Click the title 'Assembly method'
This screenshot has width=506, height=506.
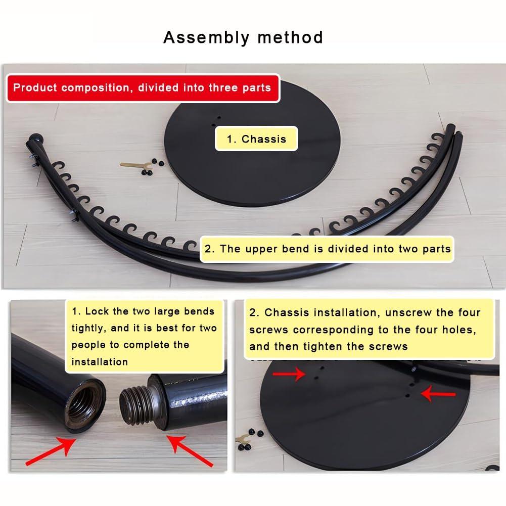pyautogui.click(x=243, y=37)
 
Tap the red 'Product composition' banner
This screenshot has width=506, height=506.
pyautogui.click(x=143, y=88)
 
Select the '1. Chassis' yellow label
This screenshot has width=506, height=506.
pyautogui.click(x=256, y=139)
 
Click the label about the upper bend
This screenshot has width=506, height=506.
pyautogui.click(x=327, y=249)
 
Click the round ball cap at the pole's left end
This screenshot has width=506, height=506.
pyautogui.click(x=35, y=140)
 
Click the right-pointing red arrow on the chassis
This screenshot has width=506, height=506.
pyautogui.click(x=289, y=375)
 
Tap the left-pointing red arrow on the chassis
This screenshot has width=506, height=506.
pyautogui.click(x=438, y=394)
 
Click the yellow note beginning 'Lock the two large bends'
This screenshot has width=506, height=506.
pyautogui.click(x=145, y=337)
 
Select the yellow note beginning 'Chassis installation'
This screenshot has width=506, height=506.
pyautogui.click(x=369, y=329)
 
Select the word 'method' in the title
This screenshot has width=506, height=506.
pyautogui.click(x=290, y=37)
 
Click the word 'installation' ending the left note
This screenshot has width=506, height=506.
pyautogui.click(x=100, y=362)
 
